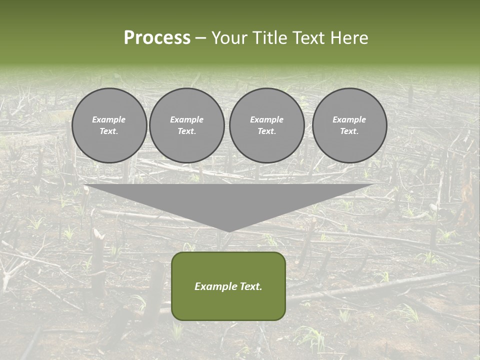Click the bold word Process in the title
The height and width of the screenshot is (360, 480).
tap(157, 38)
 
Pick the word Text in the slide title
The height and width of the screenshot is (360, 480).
tap(309, 38)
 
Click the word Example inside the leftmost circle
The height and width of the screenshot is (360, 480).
tap(109, 119)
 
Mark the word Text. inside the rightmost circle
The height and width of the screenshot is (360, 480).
tap(349, 131)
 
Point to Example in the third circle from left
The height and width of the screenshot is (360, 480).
tap(266, 119)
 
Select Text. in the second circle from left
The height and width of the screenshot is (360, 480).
tap(186, 131)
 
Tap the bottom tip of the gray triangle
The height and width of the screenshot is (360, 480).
tap(228, 230)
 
